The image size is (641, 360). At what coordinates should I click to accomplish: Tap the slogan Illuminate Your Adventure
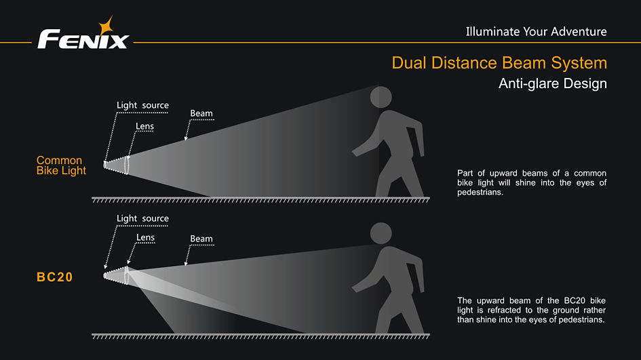click(x=536, y=31)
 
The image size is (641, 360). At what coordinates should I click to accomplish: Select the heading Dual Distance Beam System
click(x=499, y=63)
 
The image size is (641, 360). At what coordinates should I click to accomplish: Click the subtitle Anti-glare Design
click(x=552, y=84)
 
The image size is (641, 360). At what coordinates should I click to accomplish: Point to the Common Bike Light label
click(x=61, y=165)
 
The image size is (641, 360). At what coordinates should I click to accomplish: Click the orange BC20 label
click(x=55, y=277)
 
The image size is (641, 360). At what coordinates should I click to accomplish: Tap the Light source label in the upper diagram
click(x=142, y=105)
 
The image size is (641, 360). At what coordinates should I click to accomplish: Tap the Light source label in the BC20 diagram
click(x=142, y=218)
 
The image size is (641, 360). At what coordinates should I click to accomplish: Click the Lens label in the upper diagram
click(x=144, y=126)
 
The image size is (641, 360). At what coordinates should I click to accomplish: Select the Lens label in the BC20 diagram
click(x=145, y=237)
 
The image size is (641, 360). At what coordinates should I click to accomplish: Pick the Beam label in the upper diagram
click(x=201, y=113)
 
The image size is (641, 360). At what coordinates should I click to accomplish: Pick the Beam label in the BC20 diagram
click(x=201, y=239)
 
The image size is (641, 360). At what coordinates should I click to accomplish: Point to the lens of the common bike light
click(x=127, y=165)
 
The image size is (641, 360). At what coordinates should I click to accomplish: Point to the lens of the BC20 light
click(x=127, y=275)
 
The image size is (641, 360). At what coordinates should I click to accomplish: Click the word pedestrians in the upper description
click(x=480, y=193)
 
